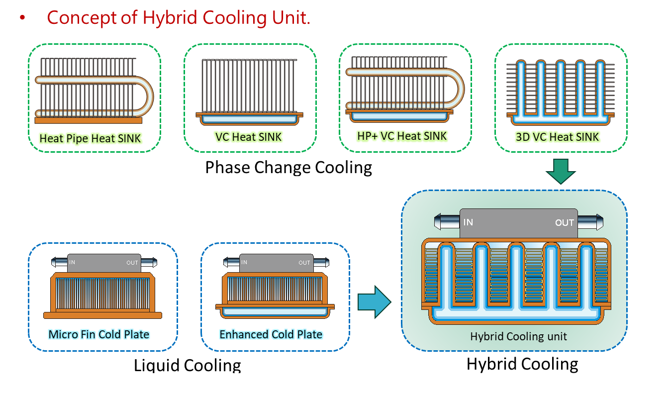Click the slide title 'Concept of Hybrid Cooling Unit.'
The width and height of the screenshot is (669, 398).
[x=179, y=18]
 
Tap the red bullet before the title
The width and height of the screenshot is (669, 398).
[x=22, y=18]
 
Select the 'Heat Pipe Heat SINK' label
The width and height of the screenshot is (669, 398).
[x=91, y=138]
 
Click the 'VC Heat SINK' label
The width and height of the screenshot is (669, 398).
[x=248, y=137]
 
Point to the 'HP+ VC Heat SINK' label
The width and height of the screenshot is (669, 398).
[x=402, y=135]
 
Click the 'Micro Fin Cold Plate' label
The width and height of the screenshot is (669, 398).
[x=99, y=334]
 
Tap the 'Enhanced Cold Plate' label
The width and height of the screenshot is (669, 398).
[x=271, y=334]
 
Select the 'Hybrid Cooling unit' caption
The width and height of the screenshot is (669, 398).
[x=518, y=336]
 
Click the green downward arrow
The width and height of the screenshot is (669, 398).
[x=561, y=171]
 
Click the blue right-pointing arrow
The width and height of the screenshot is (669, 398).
[x=374, y=301]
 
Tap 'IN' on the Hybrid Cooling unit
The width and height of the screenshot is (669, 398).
[x=468, y=222]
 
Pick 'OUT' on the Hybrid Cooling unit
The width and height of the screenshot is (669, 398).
[x=565, y=223]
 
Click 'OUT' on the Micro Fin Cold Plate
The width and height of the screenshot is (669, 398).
[x=132, y=263]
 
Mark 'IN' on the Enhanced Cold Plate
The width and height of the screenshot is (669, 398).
[x=244, y=263]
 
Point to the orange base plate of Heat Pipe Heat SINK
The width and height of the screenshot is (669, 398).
[x=89, y=120]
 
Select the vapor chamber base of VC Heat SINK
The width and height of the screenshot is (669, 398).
[x=250, y=119]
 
